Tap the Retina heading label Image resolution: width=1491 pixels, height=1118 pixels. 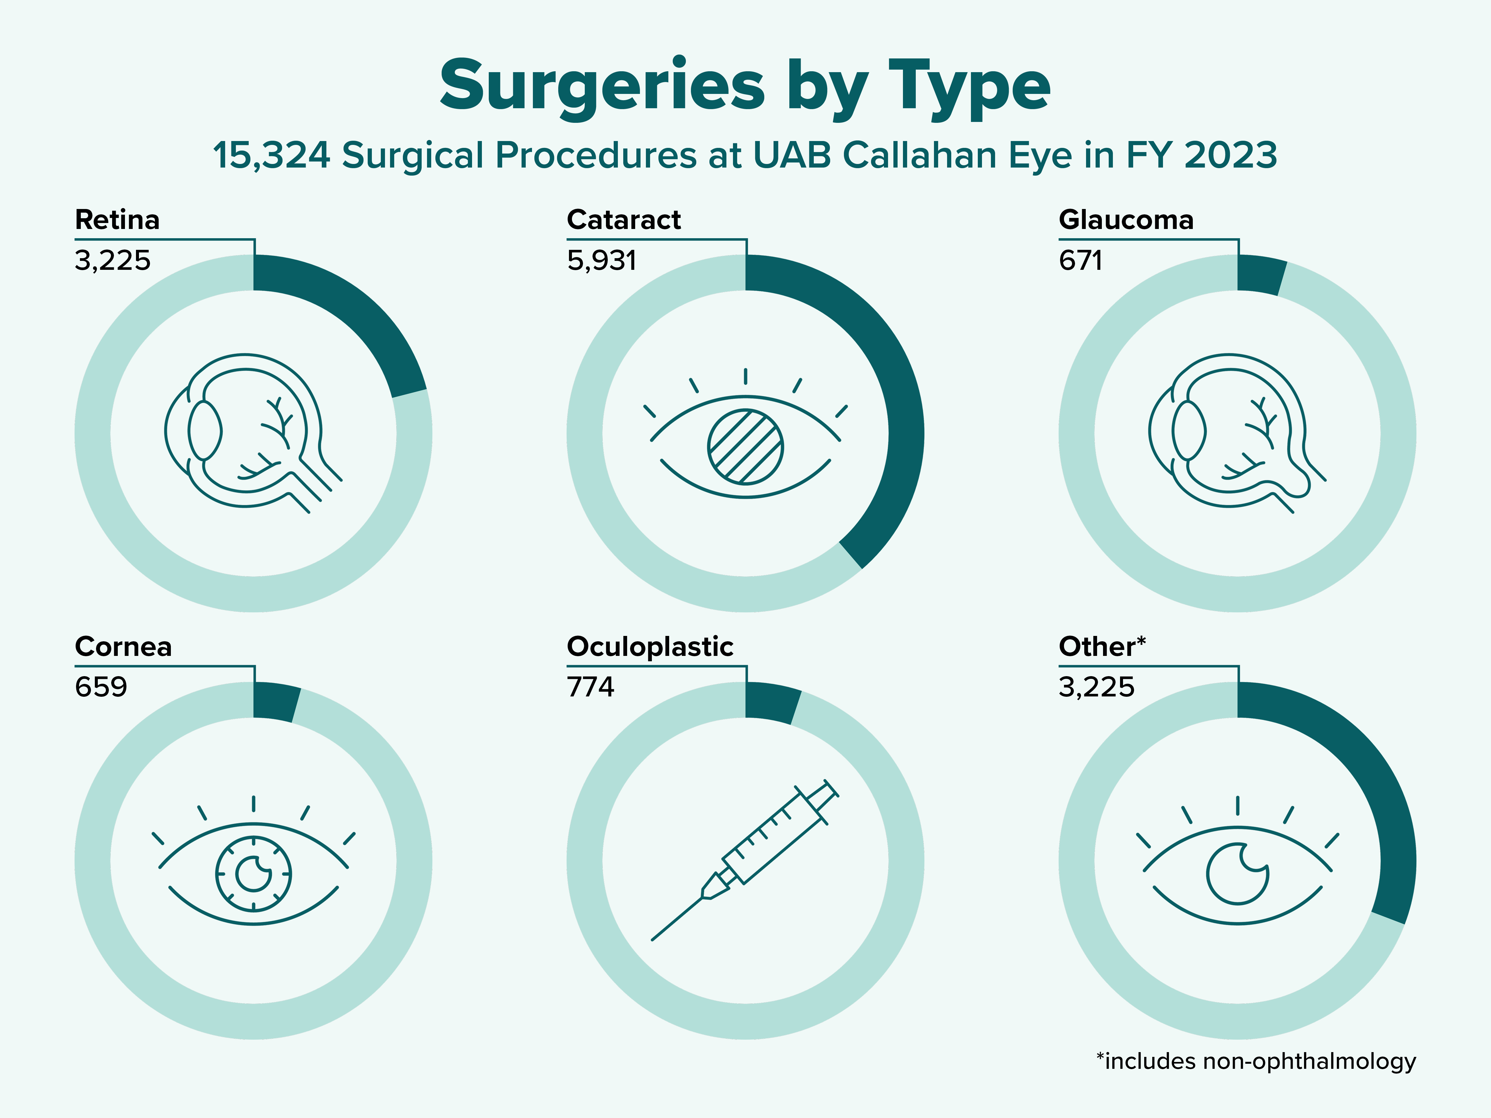117,220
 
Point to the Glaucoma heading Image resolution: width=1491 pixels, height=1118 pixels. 1126,220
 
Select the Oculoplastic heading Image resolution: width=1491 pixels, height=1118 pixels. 650,647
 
